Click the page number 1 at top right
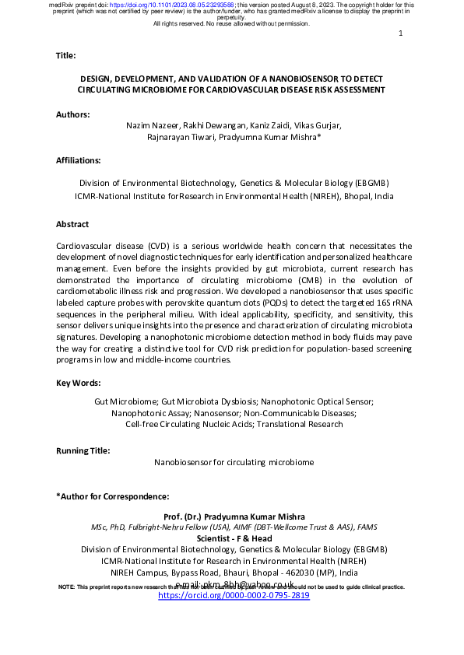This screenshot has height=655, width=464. pos(400,33)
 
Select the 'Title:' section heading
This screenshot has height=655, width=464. pos(66,56)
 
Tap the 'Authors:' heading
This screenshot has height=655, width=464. pos(73,114)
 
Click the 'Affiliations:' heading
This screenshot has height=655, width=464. pos(79,160)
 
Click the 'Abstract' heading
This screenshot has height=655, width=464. pos(72,224)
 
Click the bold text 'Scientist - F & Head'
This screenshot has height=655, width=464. pos(234,538)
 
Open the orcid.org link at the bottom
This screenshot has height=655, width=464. pos(234,595)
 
